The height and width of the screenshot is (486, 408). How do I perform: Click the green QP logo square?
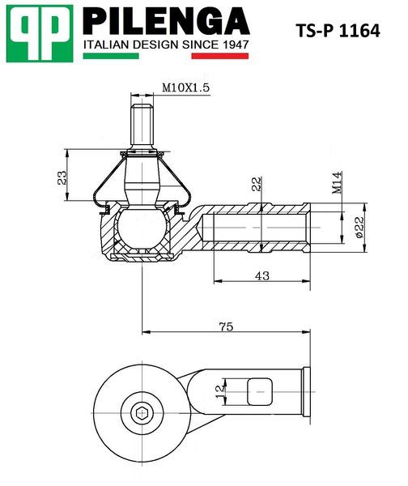point(40,33)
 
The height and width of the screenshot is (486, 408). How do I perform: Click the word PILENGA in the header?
point(167,21)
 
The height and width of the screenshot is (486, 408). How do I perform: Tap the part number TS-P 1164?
point(338,31)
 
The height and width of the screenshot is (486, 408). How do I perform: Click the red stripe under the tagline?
point(220,56)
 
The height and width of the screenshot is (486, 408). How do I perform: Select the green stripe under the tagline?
point(111,56)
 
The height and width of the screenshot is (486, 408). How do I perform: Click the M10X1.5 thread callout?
point(186,87)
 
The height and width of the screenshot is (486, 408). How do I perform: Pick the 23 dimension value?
point(62,178)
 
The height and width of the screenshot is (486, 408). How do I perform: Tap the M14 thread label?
point(337,182)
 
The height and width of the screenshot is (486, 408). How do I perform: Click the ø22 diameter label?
point(359,227)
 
